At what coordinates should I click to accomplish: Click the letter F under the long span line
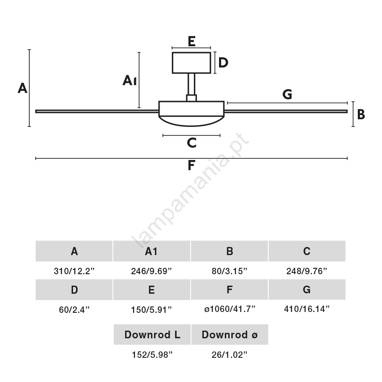pos(191,165)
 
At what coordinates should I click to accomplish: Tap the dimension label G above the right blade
pos(287,94)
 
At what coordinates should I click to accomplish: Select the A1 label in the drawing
pos(129,80)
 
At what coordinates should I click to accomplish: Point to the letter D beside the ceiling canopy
pos(223,63)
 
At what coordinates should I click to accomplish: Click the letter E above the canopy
pos(191,41)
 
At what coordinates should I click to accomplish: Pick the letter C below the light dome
pos(191,143)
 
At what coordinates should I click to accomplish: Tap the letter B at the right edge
pos(361,114)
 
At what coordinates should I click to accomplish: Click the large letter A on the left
pos(22,88)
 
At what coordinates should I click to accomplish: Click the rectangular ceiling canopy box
pos(191,62)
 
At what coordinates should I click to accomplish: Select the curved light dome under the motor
pos(191,121)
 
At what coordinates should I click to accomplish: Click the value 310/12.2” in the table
pos(74,271)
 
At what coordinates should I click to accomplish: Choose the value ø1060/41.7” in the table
pos(230,309)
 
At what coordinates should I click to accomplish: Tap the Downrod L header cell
pos(152,334)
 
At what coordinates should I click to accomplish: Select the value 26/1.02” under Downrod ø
pos(230,355)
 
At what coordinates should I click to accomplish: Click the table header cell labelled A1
pos(152,251)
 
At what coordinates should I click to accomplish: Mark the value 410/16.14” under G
pos(307,309)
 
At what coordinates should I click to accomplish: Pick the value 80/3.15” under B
pos(230,271)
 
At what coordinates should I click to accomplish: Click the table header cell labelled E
pos(152,290)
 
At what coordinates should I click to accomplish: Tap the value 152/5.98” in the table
pos(152,355)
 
